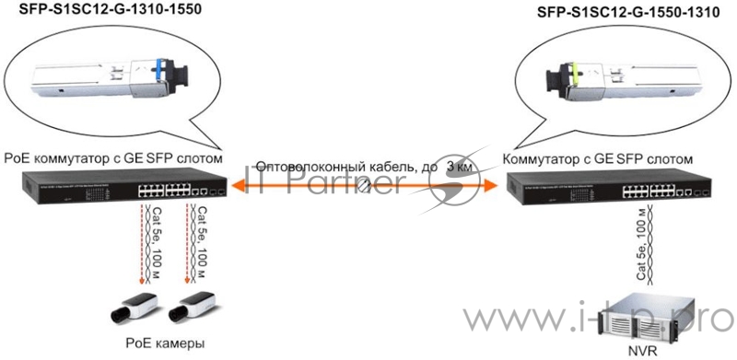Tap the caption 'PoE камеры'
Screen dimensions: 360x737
click(164, 343)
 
